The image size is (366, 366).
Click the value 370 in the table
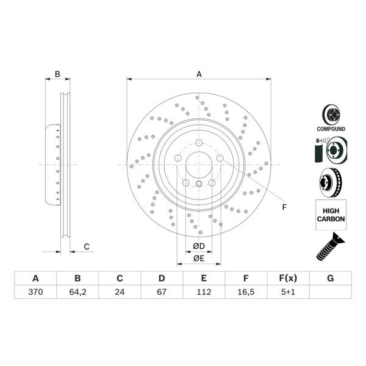35,292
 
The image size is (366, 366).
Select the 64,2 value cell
77,292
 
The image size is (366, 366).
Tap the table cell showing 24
120,292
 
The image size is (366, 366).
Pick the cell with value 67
162,292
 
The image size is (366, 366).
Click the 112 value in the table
204,292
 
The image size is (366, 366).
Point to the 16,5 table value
246,292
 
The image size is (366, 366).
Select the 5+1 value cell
288,292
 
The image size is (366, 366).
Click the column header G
330,279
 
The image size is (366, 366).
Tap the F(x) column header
288,279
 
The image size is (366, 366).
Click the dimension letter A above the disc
198,74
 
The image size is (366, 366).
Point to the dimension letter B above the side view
57,74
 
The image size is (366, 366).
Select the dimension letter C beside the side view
87,246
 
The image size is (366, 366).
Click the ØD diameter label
198,246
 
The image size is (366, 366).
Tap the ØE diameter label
198,258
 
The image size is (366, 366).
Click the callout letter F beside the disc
284,207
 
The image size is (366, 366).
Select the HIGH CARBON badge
331,214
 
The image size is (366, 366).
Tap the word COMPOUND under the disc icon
331,129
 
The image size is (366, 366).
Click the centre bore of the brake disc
198,165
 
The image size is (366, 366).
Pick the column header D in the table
162,279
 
